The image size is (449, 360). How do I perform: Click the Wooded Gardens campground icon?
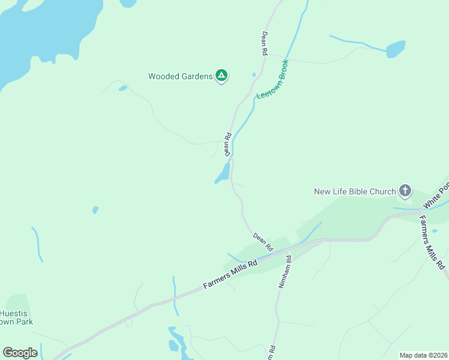point(221,76)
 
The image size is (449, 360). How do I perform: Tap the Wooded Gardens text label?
point(180,76)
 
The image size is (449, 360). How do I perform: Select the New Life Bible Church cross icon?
point(405,191)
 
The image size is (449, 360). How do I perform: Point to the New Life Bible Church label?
point(355,192)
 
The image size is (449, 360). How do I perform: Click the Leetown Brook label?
point(273,79)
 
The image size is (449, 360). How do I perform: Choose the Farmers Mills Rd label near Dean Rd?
point(230,273)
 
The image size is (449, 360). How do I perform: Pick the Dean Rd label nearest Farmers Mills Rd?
point(263,242)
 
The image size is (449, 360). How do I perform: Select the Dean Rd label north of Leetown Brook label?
point(264,44)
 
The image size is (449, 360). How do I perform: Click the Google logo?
point(20,352)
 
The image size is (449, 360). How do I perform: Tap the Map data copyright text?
point(424,355)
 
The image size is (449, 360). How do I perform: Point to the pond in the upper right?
point(396,49)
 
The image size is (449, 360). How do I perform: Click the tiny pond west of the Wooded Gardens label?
point(122,89)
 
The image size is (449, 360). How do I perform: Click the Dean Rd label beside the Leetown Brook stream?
point(228,145)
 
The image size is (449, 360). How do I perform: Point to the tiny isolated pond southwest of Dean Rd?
point(95,210)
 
